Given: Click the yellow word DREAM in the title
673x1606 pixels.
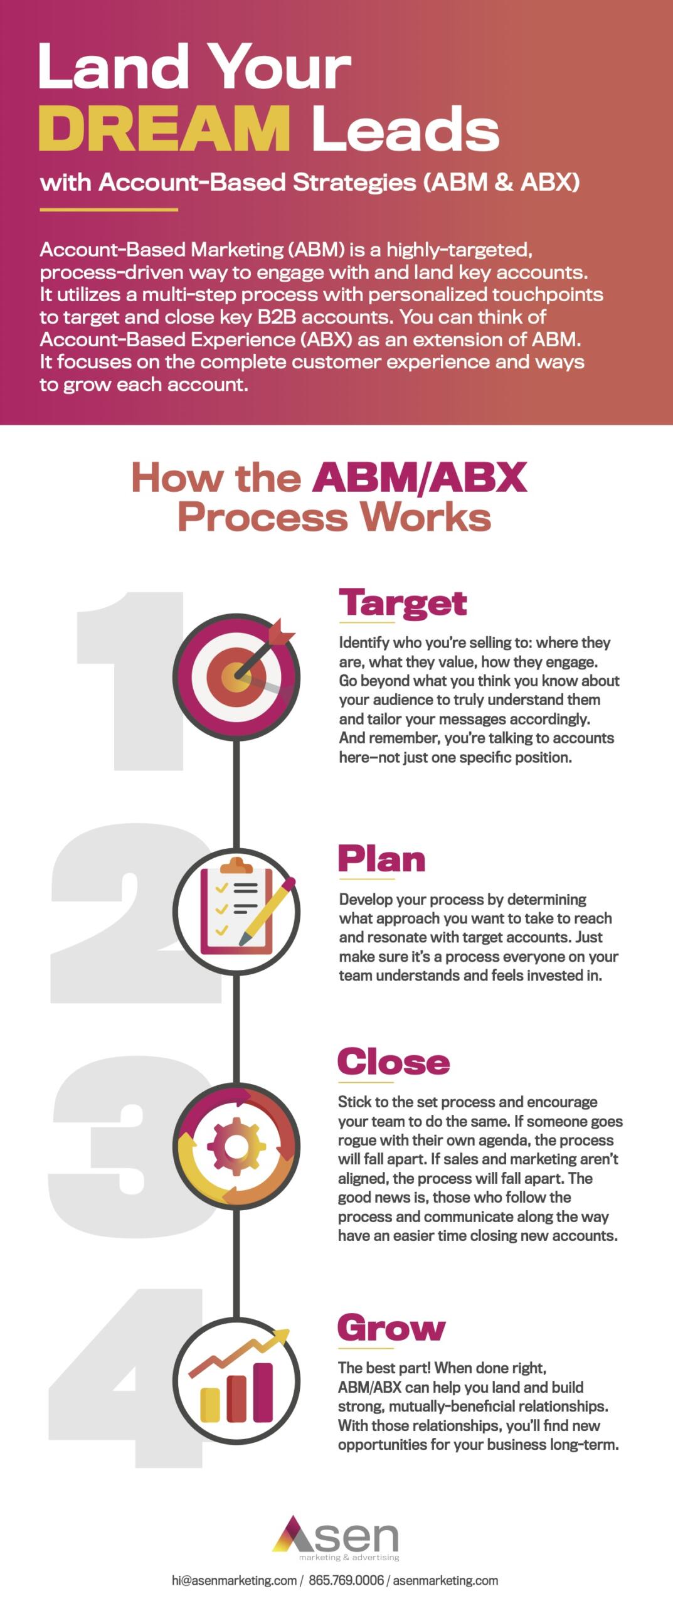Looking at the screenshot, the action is click(164, 129).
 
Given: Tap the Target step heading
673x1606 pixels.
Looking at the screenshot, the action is click(403, 603).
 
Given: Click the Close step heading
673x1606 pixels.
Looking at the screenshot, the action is click(394, 1061).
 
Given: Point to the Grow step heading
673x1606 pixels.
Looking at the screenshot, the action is click(391, 1327).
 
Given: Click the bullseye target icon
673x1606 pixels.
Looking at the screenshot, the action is click(236, 676).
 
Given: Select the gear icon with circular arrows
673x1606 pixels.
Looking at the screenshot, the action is click(236, 1146).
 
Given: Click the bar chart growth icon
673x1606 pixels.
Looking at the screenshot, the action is click(236, 1381).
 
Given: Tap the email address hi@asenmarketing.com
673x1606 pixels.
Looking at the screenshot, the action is click(234, 1580).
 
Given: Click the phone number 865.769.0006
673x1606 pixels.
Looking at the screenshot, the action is click(346, 1580).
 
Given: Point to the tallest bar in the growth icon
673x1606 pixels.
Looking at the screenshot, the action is click(263, 1391).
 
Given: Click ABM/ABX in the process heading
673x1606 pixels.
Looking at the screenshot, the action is click(420, 477).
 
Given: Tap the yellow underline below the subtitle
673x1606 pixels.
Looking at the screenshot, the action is click(109, 210).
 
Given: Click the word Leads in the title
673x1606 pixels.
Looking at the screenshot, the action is click(405, 129).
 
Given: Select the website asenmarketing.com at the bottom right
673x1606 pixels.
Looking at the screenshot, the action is click(445, 1580).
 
